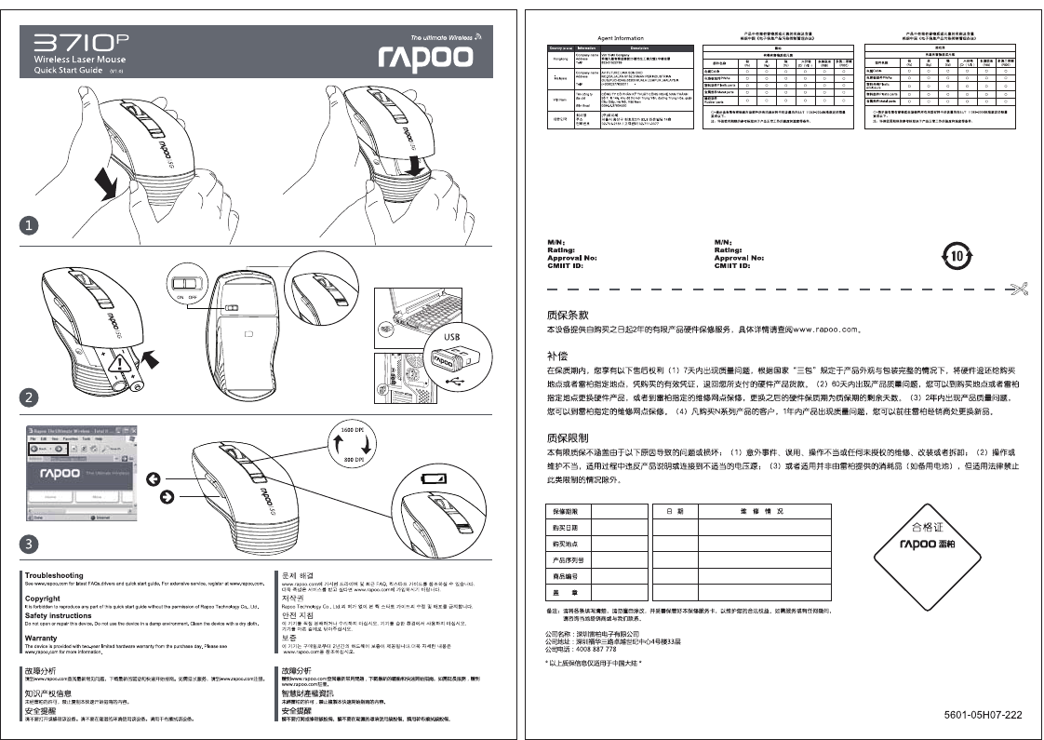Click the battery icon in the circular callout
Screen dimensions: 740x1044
435,478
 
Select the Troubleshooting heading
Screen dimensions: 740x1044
54,575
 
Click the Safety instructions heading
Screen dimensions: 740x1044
58,615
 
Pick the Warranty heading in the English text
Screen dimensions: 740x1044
41,638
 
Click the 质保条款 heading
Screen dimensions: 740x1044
568,314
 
